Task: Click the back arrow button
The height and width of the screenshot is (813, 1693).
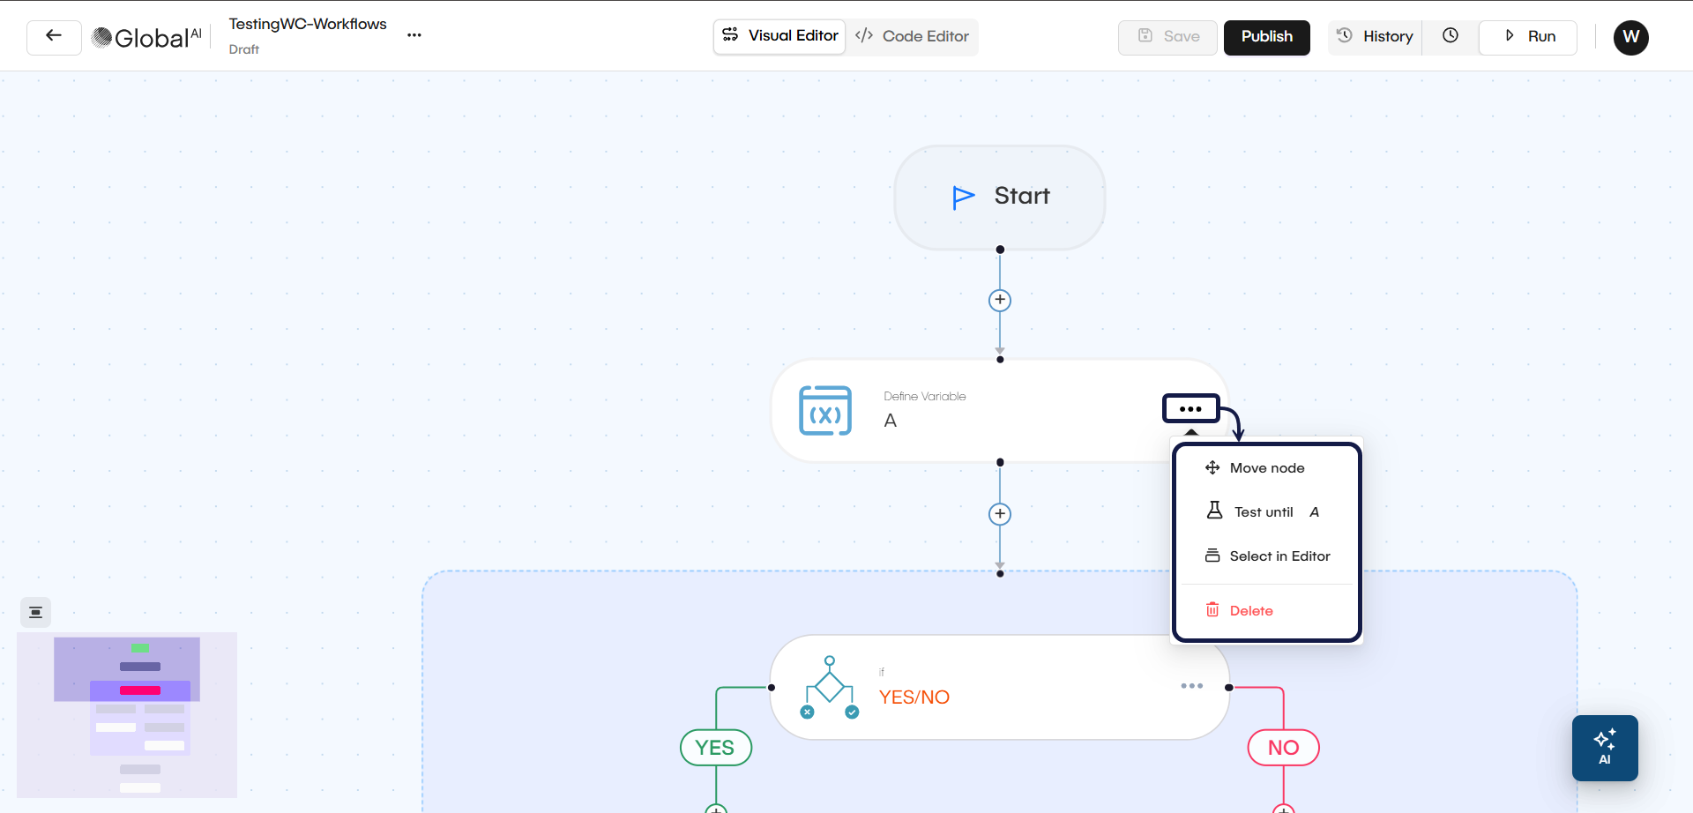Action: pyautogui.click(x=54, y=37)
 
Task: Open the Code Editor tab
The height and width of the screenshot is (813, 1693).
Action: pyautogui.click(x=913, y=37)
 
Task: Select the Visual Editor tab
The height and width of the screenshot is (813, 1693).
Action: pyautogui.click(x=780, y=36)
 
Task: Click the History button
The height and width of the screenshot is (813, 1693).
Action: pyautogui.click(x=1376, y=37)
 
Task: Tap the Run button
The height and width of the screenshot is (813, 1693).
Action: pyautogui.click(x=1528, y=37)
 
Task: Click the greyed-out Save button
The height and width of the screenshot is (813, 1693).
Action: pyautogui.click(x=1167, y=37)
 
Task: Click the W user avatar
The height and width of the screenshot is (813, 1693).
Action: pyautogui.click(x=1630, y=37)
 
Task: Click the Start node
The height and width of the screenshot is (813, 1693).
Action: pyautogui.click(x=1000, y=197)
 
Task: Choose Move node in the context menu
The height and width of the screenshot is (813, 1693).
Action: pyautogui.click(x=1266, y=468)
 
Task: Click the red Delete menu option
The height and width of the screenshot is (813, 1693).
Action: pyautogui.click(x=1250, y=611)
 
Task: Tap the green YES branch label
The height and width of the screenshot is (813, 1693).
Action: pyautogui.click(x=715, y=748)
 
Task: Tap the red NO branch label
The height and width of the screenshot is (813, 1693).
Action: pyautogui.click(x=1283, y=748)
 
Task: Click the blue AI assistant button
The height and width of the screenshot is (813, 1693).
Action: pyautogui.click(x=1604, y=748)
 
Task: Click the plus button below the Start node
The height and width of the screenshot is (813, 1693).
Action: pyautogui.click(x=1000, y=301)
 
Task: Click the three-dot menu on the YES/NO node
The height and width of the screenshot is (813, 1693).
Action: pyautogui.click(x=1191, y=686)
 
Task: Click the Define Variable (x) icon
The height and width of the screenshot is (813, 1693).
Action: pyautogui.click(x=825, y=411)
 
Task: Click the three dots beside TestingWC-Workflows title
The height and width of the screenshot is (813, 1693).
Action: pyautogui.click(x=414, y=35)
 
